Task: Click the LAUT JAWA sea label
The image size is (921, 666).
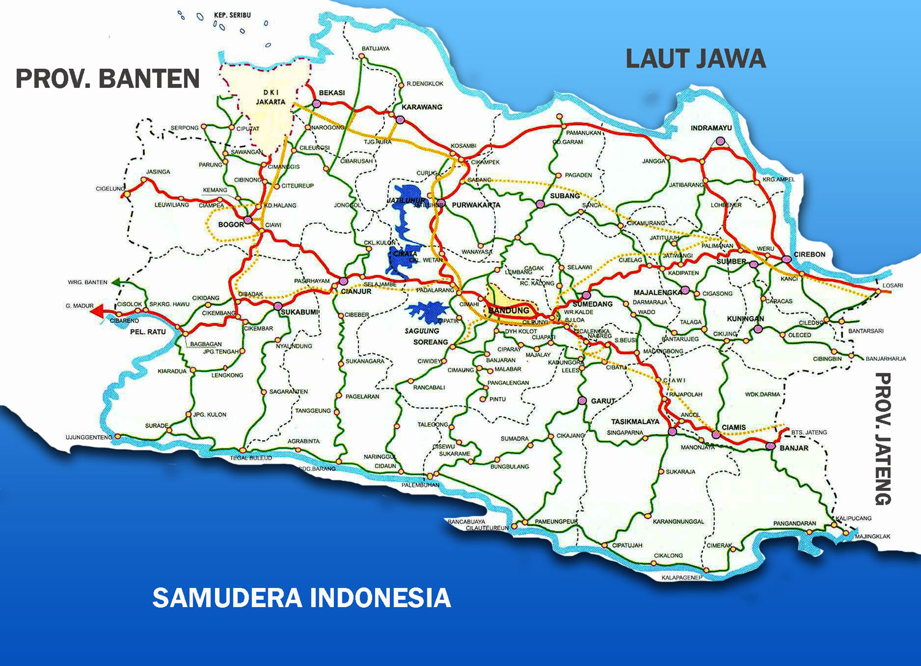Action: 696,59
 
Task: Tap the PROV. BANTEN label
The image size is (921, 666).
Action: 107,79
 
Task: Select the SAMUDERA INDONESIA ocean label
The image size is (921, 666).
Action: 301,597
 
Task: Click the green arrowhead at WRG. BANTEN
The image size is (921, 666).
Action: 116,282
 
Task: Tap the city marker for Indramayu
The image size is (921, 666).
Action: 719,142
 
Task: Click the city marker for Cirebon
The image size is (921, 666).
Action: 787,259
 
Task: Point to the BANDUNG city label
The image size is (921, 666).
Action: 508,311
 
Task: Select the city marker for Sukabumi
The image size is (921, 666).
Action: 278,306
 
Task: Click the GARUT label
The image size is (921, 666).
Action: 603,401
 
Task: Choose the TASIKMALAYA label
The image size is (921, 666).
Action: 635,422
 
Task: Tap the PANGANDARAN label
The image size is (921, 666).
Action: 795,524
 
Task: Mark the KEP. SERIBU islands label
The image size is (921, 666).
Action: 232,15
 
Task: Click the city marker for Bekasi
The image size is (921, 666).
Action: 316,104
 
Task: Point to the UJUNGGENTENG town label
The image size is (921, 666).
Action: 89,437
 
